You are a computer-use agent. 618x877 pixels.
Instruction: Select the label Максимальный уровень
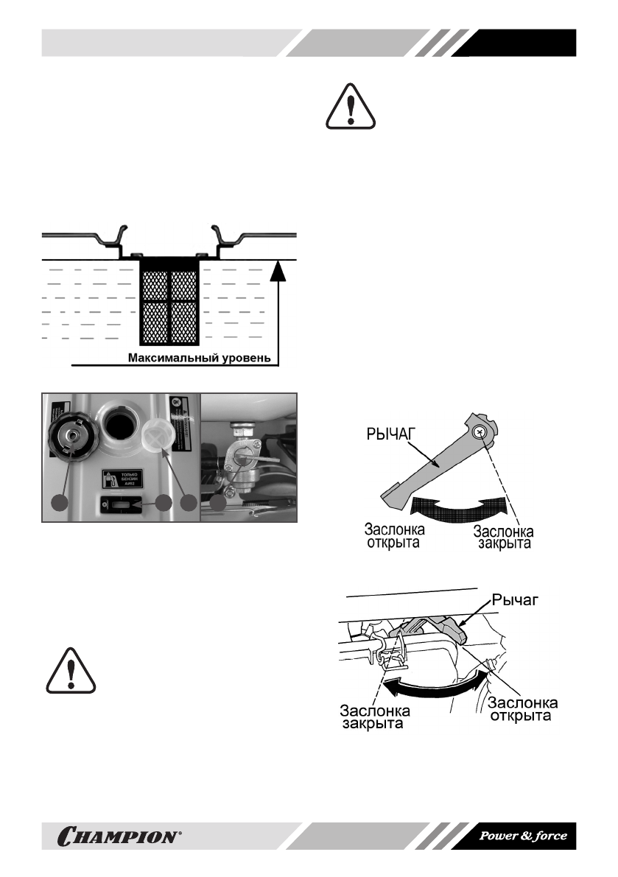(x=202, y=359)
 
